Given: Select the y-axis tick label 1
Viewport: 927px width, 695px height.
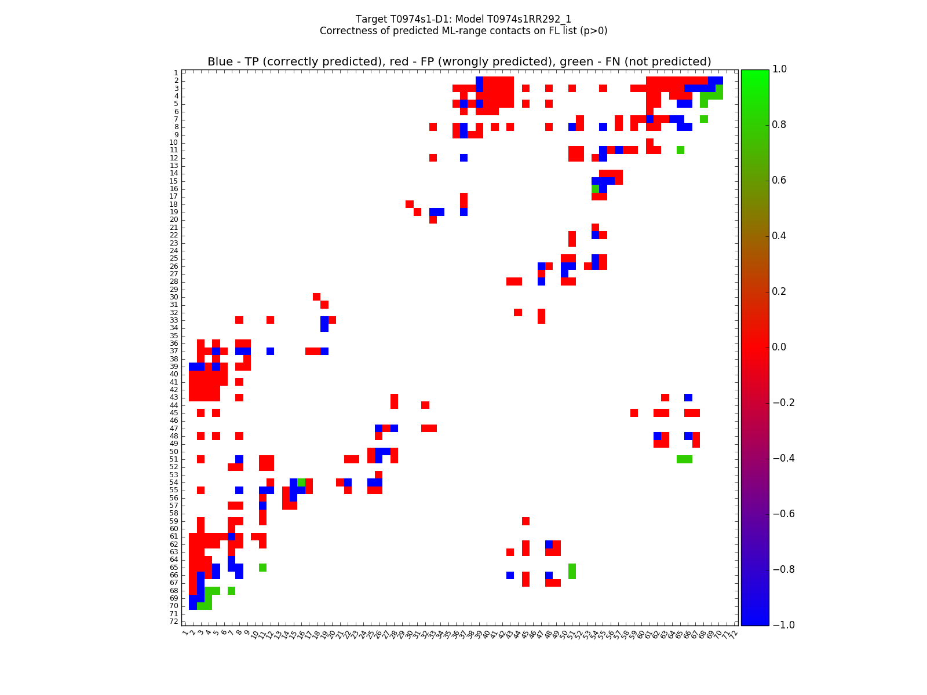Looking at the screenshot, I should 176,73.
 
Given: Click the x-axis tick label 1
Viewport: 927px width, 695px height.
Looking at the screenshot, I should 185,634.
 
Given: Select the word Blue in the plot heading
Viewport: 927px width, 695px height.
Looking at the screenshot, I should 220,62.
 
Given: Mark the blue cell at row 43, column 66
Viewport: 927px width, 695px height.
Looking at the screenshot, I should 688,397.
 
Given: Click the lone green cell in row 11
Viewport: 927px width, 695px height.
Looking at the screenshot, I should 680,150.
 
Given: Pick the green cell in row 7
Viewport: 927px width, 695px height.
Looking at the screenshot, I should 703,119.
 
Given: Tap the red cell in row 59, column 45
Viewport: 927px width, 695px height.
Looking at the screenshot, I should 525,521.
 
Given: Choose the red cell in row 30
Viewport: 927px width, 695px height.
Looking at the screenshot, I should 316,297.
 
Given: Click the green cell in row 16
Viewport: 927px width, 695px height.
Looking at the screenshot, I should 595,189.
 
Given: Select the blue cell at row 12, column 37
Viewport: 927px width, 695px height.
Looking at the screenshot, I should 463,158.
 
